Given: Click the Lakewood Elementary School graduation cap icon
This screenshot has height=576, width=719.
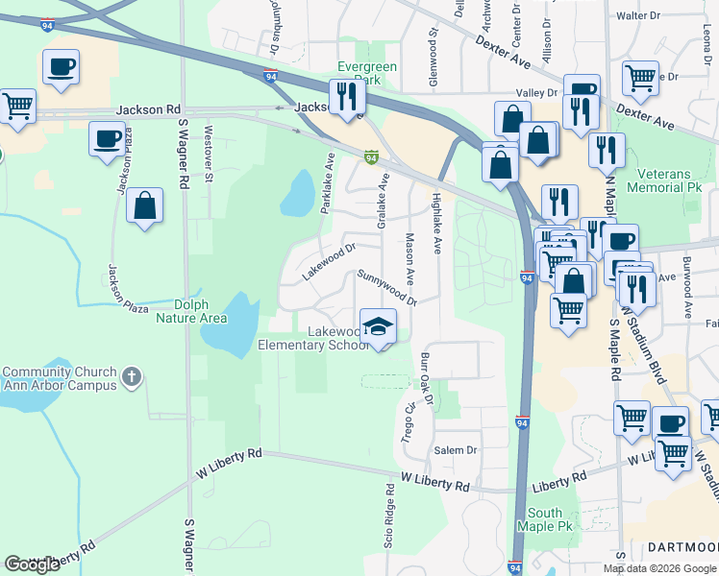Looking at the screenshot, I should (x=378, y=326).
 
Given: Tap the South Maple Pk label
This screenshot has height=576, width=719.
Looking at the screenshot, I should (x=545, y=519).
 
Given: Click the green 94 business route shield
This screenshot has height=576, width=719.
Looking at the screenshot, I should (x=370, y=156).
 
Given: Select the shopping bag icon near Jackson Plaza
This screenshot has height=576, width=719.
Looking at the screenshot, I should (x=144, y=205).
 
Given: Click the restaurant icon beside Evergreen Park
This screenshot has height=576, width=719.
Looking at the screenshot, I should (x=346, y=95).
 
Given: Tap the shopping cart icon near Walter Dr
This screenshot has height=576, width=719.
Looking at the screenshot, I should (x=639, y=78).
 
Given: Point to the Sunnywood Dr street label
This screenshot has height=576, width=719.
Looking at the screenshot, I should (x=386, y=287).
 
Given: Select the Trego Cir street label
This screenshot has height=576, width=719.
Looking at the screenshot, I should (x=408, y=421).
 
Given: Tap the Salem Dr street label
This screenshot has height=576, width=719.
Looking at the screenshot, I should (x=456, y=450).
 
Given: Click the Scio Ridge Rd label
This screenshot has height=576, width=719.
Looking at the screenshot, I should (x=389, y=528).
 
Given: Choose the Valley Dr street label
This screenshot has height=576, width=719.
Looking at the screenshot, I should (x=537, y=92).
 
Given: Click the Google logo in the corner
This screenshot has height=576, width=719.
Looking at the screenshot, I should (x=32, y=564).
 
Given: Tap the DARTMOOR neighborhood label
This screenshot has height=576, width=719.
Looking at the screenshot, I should (x=682, y=547).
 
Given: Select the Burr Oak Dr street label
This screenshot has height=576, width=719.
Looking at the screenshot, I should (x=426, y=383).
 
